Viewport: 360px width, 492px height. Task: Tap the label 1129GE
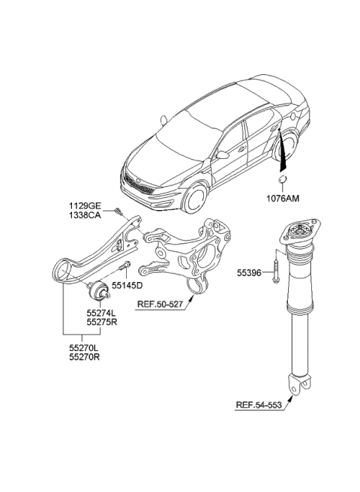[x=86, y=205]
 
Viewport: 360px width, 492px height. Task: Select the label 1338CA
[x=86, y=214]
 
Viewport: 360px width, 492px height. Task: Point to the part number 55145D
[x=127, y=286]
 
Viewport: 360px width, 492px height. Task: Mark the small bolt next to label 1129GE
[x=119, y=211]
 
